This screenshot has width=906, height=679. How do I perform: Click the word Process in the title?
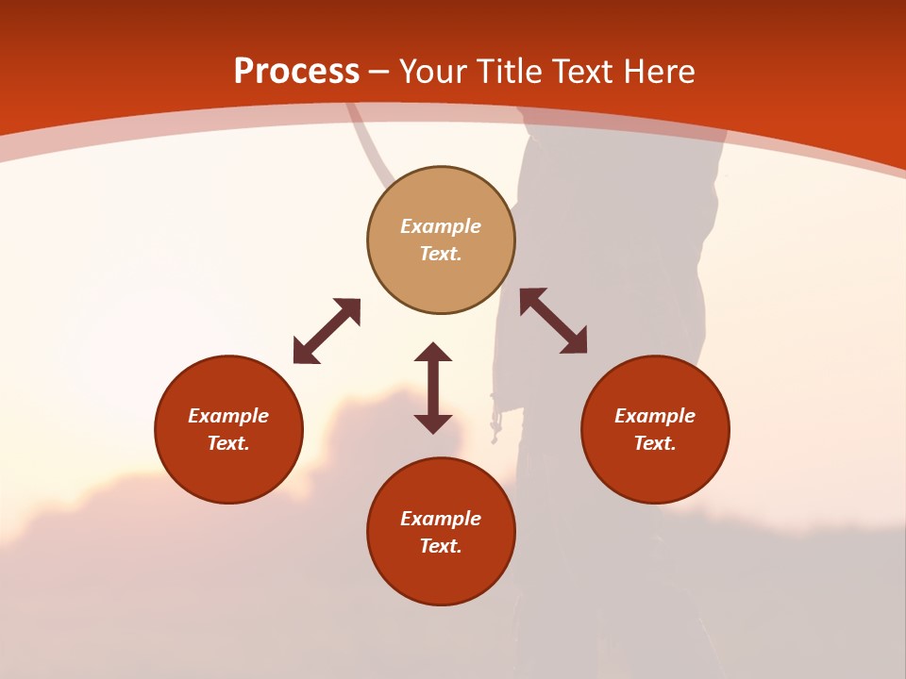[296, 72]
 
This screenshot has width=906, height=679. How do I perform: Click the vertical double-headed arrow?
[433, 389]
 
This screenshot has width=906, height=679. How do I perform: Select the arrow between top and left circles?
[327, 331]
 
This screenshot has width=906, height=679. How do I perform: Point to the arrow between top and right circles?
[553, 322]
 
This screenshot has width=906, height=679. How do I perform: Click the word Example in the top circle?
[441, 226]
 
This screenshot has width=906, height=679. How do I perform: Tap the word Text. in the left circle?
[228, 443]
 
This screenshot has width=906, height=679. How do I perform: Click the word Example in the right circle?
[655, 416]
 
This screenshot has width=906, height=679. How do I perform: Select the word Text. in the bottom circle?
[441, 546]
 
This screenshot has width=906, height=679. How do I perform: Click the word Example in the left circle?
[228, 416]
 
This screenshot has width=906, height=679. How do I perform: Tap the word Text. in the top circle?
[441, 254]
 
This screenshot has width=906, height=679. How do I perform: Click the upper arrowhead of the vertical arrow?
[433, 354]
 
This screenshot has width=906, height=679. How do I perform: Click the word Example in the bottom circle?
[441, 519]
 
